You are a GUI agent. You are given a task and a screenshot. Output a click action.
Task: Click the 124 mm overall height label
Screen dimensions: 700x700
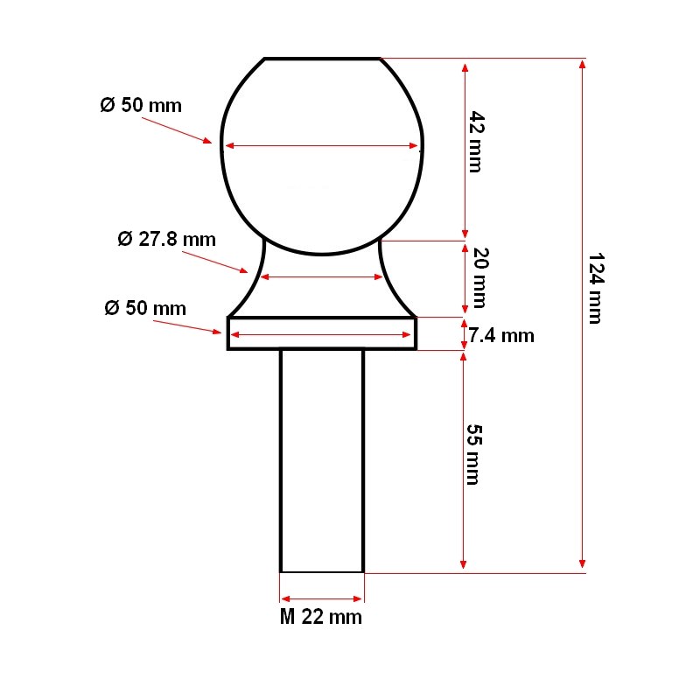[596, 289]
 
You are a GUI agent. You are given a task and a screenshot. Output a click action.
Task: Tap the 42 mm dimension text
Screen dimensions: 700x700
[476, 142]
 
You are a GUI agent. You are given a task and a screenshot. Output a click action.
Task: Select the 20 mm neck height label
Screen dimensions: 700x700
[480, 277]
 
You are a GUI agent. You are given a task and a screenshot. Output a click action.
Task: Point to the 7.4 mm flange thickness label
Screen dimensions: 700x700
[501, 336]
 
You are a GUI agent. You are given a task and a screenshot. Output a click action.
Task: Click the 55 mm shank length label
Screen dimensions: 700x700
[474, 454]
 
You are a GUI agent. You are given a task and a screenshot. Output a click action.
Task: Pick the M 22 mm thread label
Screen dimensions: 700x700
[320, 617]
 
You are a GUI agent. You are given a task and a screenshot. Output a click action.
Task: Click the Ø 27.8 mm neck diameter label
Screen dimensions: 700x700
[166, 239]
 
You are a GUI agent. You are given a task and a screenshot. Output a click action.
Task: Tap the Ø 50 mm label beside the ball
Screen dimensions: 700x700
[141, 105]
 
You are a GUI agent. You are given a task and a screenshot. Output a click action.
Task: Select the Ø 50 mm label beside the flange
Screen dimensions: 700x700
[145, 308]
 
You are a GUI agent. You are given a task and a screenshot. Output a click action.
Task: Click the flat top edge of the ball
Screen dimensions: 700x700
[322, 59]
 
